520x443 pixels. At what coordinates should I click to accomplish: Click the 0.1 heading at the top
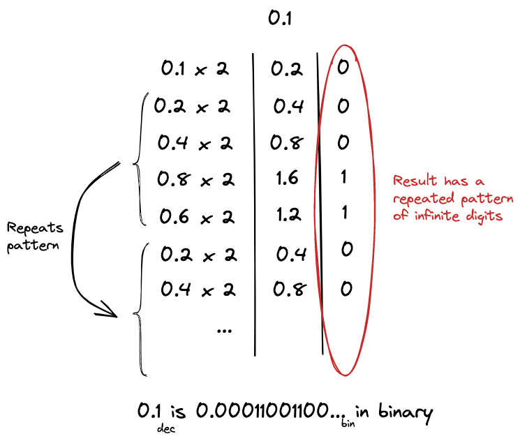279,19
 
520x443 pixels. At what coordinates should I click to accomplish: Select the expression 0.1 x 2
195,69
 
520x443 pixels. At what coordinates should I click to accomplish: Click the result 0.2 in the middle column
286,69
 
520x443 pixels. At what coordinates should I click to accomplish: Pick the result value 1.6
286,179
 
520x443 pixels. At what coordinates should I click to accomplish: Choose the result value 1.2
286,216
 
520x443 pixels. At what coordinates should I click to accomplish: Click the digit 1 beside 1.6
343,178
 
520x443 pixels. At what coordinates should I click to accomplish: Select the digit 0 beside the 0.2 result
343,68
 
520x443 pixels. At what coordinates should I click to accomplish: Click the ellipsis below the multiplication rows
224,330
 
